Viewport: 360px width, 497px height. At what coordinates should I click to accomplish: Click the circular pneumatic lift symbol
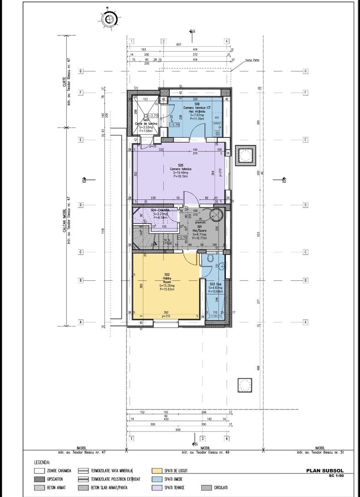[x=215, y=215]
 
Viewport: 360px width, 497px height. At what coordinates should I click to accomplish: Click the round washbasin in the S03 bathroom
[x=222, y=265]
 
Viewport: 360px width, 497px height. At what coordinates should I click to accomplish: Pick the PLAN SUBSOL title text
[x=325, y=470]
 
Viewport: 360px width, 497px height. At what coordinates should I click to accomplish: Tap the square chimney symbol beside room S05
[x=245, y=156]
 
